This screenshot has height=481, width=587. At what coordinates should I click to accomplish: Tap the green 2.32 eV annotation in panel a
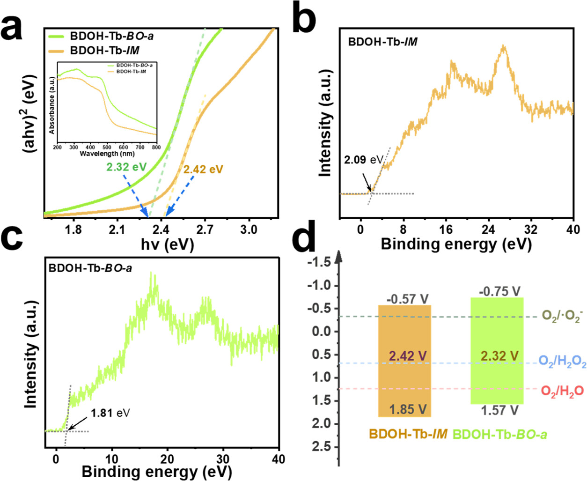coord(126,167)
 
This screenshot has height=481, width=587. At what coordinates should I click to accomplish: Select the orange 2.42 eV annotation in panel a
coord(203,169)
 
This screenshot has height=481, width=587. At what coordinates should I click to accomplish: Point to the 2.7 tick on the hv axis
coord(205,229)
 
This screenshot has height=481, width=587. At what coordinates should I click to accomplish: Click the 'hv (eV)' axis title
coord(167,244)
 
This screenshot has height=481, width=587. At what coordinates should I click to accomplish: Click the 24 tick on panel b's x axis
coord(488,229)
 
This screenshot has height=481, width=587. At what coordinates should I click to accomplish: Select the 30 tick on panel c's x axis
coord(223,459)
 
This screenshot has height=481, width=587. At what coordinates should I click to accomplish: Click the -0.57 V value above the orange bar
coord(408,299)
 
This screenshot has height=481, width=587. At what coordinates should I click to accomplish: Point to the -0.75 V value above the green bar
coord(499,291)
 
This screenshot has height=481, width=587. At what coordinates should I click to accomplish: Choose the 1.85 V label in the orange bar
coord(408,409)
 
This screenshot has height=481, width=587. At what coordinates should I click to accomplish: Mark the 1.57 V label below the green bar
coord(499,410)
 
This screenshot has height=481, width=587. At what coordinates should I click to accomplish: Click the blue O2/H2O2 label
coord(562,362)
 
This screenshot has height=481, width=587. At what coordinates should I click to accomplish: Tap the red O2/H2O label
coord(562,391)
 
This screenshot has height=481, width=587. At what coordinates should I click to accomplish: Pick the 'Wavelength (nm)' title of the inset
coord(107,154)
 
